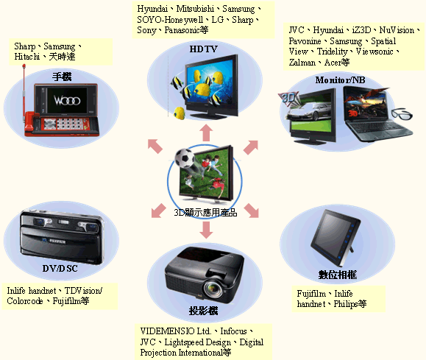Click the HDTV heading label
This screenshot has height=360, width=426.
(x=204, y=49)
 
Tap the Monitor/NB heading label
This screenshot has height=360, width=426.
(x=340, y=80)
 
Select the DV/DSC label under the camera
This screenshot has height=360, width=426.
(x=60, y=269)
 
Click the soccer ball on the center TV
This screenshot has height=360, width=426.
(x=184, y=158)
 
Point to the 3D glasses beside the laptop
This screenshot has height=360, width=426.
(x=402, y=114)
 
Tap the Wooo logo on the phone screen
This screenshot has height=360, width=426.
(x=67, y=101)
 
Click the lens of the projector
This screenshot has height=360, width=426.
(x=213, y=289)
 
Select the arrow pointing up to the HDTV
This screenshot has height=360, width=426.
(x=206, y=133)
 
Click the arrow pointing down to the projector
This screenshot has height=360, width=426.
(x=206, y=230)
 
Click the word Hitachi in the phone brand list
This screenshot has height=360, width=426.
(x=27, y=57)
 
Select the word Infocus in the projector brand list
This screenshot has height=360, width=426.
(x=233, y=331)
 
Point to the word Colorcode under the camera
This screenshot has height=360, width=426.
(x=25, y=301)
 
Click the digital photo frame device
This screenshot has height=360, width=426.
(x=335, y=238)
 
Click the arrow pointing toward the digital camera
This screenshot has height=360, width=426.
(x=158, y=211)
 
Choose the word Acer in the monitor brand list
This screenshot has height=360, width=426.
(x=333, y=63)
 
